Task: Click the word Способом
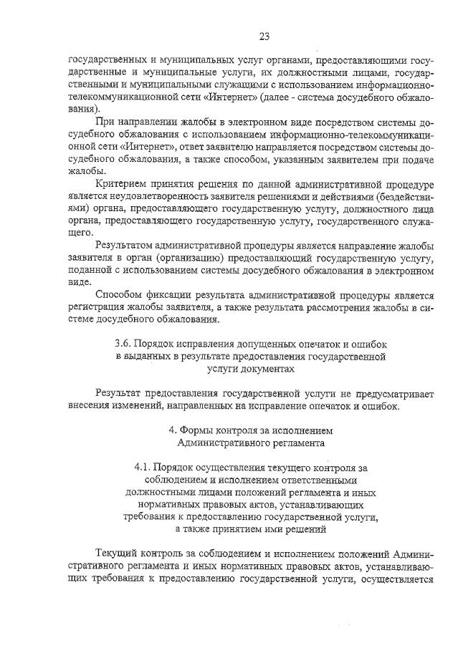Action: pos(118,295)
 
